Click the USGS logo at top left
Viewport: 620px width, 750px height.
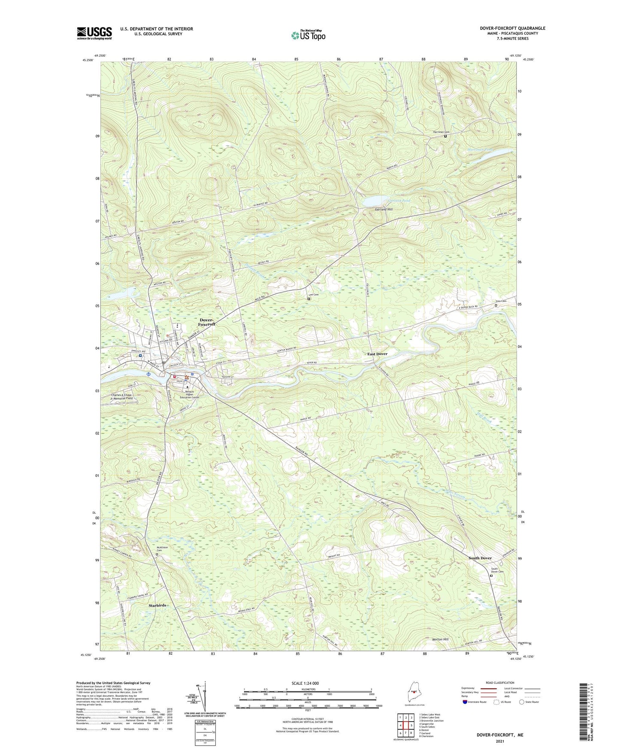pyautogui.click(x=94, y=33)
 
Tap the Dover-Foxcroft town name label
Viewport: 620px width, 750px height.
pyautogui.click(x=208, y=322)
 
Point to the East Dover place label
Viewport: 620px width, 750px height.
pyautogui.click(x=377, y=354)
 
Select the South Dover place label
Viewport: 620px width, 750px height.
pyautogui.click(x=480, y=558)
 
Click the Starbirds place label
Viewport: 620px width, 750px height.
pyautogui.click(x=157, y=605)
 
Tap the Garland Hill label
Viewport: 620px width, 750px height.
pyautogui.click(x=384, y=209)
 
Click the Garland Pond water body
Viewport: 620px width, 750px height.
pyautogui.click(x=373, y=201)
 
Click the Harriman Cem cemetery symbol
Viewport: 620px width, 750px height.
pyautogui.click(x=445, y=136)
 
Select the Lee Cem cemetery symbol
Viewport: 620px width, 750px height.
pyautogui.click(x=309, y=299)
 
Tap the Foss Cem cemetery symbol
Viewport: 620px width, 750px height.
pyautogui.click(x=496, y=305)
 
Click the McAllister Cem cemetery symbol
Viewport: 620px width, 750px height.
pyautogui.click(x=157, y=555)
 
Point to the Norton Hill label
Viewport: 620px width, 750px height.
pyautogui.click(x=440, y=640)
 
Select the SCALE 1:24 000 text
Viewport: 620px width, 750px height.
pyautogui.click(x=308, y=683)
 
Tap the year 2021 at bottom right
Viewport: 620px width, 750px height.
pyautogui.click(x=499, y=741)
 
